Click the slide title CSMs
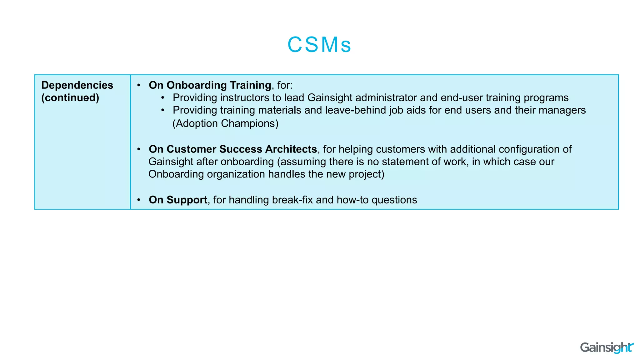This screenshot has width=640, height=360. (319, 45)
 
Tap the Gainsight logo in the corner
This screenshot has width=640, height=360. (607, 347)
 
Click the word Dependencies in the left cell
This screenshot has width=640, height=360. (77, 85)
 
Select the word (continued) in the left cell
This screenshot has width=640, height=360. (70, 98)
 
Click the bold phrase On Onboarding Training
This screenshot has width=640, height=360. (210, 85)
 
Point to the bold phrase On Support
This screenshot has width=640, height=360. (178, 200)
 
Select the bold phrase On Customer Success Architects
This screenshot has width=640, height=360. (233, 149)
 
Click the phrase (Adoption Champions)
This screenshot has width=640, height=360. (225, 124)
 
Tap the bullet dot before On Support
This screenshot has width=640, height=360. (139, 200)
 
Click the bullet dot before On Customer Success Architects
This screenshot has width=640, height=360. (139, 149)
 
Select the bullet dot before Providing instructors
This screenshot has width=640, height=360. (163, 98)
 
